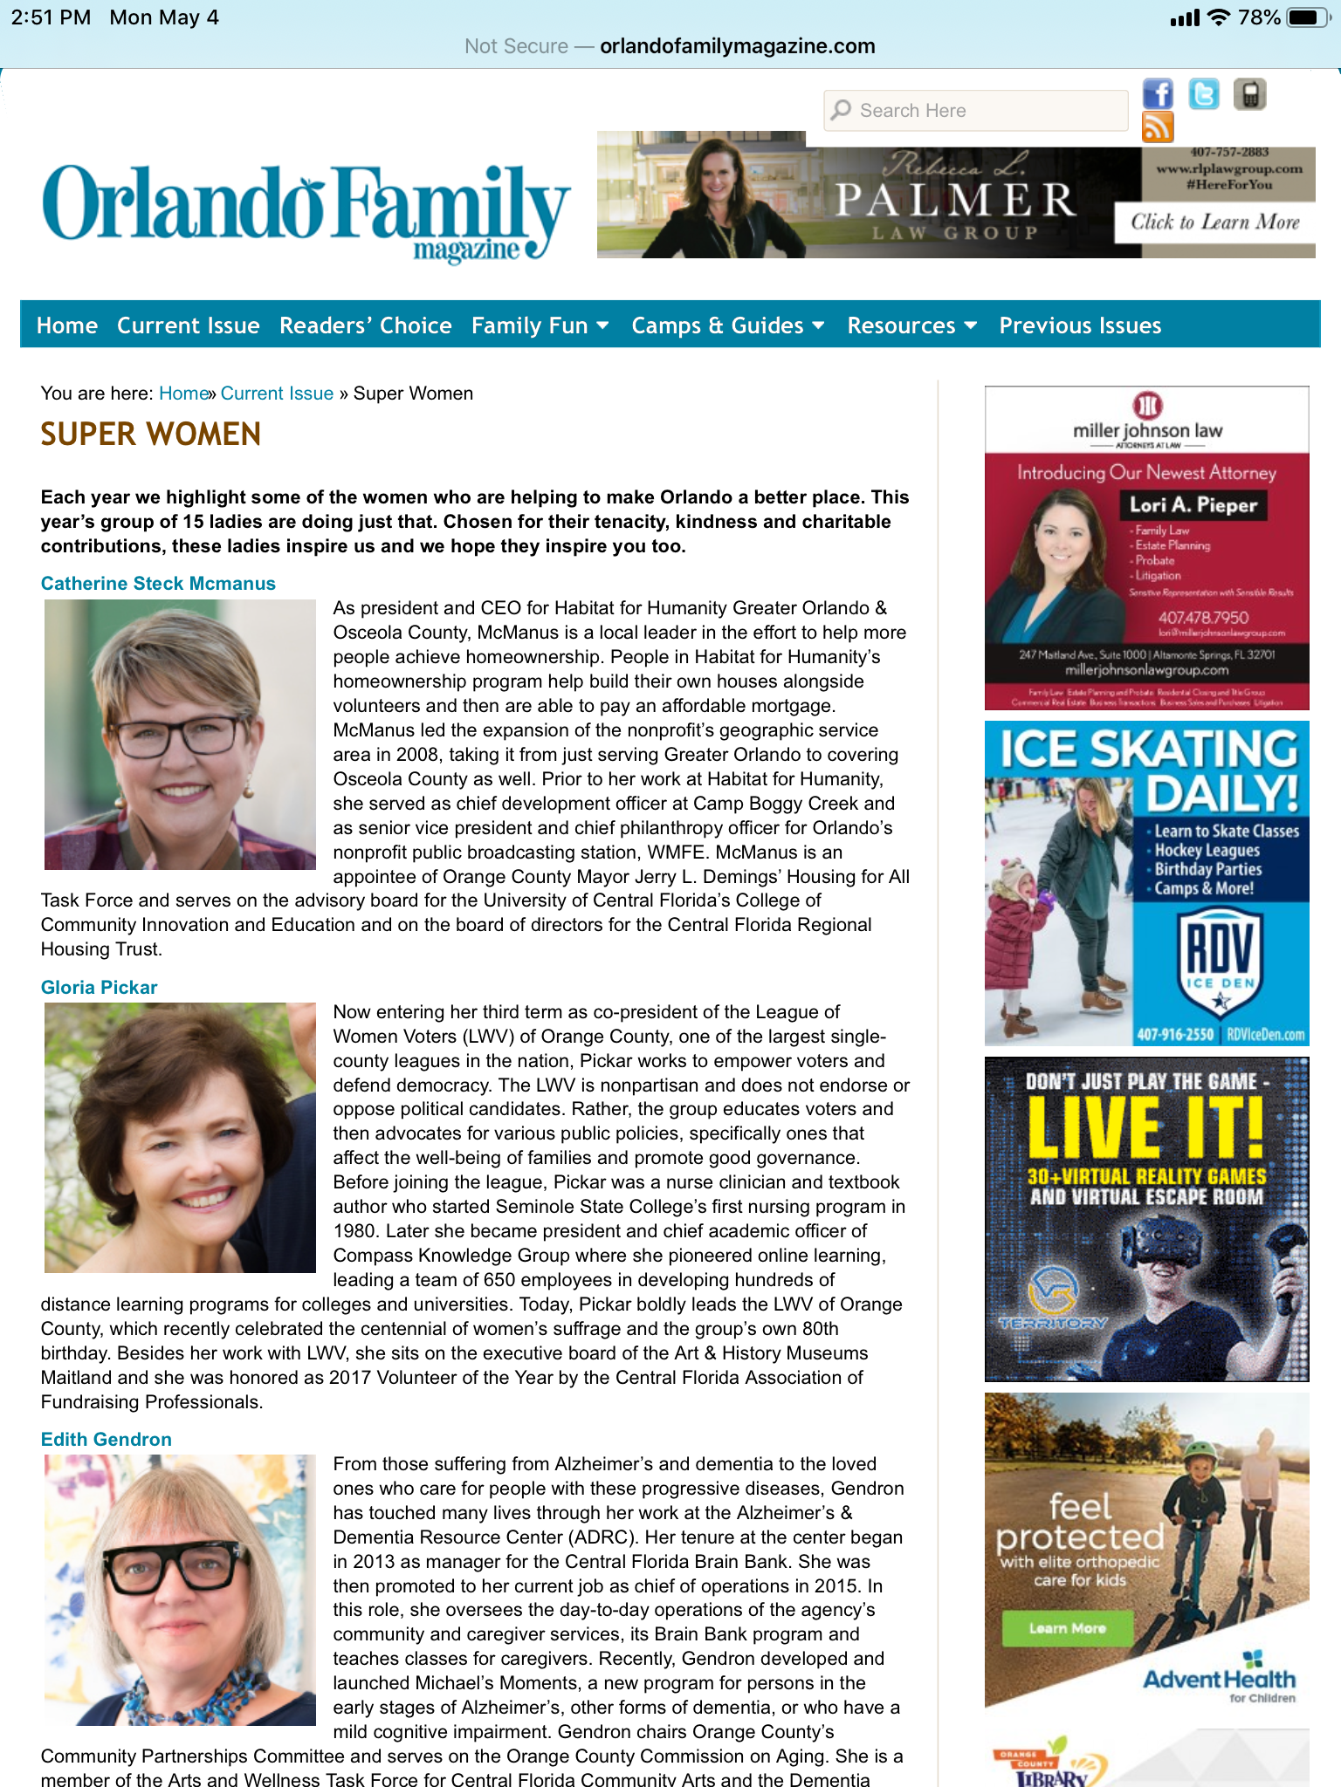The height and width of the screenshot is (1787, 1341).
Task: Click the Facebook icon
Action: click(1158, 94)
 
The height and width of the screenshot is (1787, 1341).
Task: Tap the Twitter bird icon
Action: click(1204, 94)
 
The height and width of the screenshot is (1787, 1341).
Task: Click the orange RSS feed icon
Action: click(1158, 127)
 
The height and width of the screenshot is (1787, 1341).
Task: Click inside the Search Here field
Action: click(976, 111)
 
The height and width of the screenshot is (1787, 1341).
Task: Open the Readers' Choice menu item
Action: click(365, 325)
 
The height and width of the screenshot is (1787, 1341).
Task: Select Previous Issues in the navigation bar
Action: click(1080, 325)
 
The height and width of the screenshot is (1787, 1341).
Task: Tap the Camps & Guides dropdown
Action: click(727, 325)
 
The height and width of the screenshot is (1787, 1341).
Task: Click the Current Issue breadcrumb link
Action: click(277, 394)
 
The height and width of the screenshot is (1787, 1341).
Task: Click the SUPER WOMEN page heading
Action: click(151, 435)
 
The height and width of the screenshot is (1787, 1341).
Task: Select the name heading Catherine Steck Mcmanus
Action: click(158, 584)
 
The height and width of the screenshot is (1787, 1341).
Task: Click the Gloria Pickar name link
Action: click(100, 988)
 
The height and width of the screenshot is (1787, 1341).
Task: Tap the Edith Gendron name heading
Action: click(107, 1440)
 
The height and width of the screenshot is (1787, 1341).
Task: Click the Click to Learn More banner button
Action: click(1215, 223)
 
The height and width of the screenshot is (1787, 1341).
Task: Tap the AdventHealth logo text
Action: click(1219, 1680)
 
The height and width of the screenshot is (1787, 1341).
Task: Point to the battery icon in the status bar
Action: click(1307, 17)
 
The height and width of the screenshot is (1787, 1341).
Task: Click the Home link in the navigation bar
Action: click(67, 325)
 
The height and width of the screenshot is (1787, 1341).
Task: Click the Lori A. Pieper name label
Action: click(1193, 505)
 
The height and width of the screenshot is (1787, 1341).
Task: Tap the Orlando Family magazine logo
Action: click(306, 209)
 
